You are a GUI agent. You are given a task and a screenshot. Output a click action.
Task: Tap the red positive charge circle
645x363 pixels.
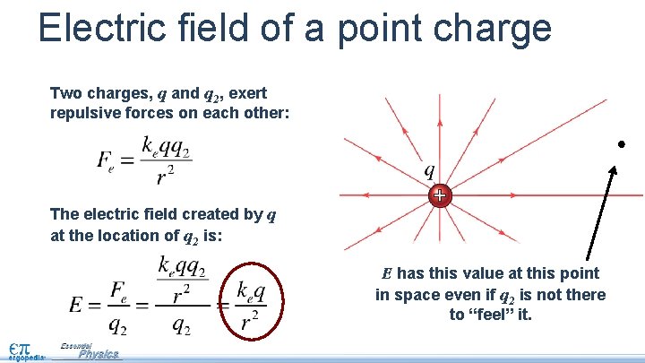(439, 194)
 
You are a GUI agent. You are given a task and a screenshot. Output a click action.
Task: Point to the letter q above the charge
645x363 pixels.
(430, 169)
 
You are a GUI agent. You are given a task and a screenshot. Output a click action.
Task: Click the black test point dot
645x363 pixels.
(620, 144)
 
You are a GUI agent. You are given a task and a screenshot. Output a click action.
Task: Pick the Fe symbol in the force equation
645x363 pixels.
(107, 162)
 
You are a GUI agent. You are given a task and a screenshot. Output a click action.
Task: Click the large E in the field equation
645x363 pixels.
(78, 304)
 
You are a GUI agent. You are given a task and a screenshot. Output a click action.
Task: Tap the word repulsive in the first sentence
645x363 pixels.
(91, 114)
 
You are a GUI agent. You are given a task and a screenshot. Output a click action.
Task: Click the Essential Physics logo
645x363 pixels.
(90, 351)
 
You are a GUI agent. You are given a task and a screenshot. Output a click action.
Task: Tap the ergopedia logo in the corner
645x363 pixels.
(20, 350)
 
